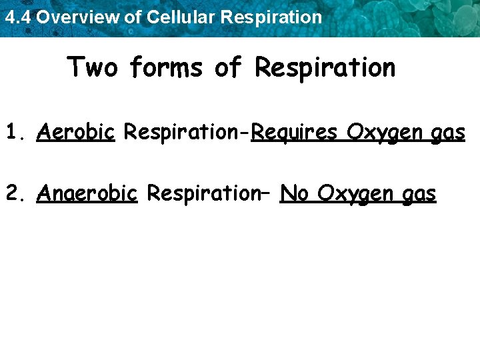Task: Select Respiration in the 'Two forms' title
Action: pyautogui.click(x=325, y=67)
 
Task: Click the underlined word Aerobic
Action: pyautogui.click(x=77, y=133)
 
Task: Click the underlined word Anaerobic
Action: pyautogui.click(x=87, y=193)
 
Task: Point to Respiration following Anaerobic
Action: pyautogui.click(x=203, y=193)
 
